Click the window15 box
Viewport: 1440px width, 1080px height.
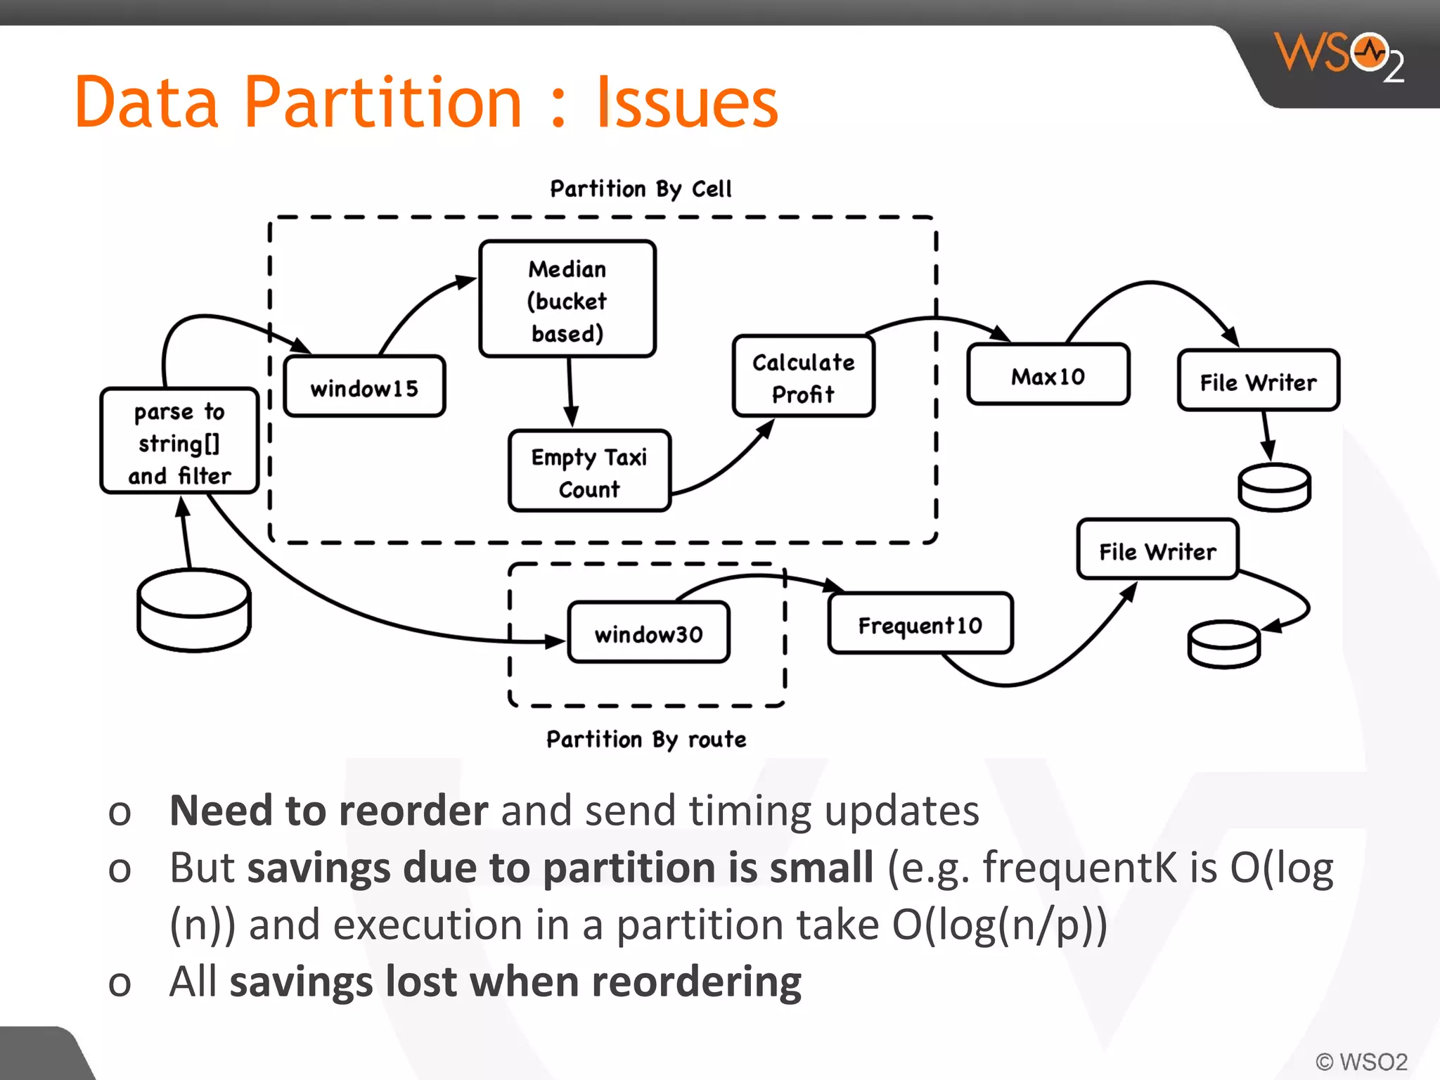(364, 387)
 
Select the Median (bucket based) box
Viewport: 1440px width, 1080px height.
(567, 300)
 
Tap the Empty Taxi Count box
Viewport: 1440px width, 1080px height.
(589, 471)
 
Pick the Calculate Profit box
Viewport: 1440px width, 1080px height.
(803, 377)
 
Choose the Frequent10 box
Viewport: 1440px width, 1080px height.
(920, 624)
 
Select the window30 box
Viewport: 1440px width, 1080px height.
(648, 633)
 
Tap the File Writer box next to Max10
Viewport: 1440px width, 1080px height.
(1258, 380)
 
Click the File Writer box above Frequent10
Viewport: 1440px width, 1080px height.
(1157, 550)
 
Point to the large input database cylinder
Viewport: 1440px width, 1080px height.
(194, 610)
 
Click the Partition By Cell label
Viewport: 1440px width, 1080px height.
(641, 188)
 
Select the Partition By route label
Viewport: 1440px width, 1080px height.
(646, 739)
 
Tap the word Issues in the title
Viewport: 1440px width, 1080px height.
(687, 103)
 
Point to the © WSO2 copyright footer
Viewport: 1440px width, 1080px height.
(1361, 1061)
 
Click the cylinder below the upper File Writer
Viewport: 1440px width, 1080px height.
(1273, 487)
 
